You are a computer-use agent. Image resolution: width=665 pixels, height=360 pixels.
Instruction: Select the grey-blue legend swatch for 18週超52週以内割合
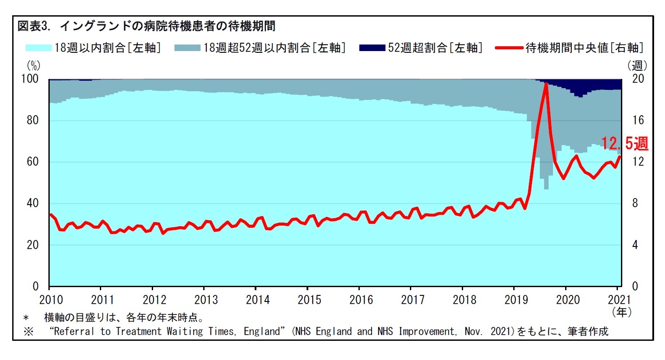click(187, 48)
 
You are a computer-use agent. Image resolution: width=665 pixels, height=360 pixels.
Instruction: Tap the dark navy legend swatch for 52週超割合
click(372, 48)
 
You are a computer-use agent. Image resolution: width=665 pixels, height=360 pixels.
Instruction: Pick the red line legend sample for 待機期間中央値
click(509, 48)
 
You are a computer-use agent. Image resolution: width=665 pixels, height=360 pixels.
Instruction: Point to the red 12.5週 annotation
click(624, 143)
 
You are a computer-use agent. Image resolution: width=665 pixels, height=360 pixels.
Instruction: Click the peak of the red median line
click(546, 83)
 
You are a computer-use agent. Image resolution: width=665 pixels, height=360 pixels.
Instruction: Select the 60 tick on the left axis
click(33, 162)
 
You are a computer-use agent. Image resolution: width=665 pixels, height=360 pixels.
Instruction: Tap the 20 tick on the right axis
click(638, 79)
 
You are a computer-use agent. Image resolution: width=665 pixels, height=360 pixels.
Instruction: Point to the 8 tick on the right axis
click(635, 203)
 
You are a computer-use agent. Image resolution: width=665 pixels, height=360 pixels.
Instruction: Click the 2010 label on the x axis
click(51, 300)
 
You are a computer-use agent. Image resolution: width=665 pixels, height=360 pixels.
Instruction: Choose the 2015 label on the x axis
click(309, 300)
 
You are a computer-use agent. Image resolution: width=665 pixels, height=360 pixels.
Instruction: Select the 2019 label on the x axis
click(516, 300)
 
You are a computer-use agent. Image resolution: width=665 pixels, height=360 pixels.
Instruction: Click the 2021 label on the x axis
click(619, 300)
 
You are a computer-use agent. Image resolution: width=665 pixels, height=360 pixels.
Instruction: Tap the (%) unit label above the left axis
click(34, 65)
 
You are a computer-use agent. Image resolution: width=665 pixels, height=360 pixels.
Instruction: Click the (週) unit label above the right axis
click(637, 65)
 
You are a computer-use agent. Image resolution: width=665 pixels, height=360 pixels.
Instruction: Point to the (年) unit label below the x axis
click(621, 312)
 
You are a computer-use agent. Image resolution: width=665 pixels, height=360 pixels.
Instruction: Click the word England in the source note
click(262, 332)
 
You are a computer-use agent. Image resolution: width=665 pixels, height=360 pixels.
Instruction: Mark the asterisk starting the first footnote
click(26, 318)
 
